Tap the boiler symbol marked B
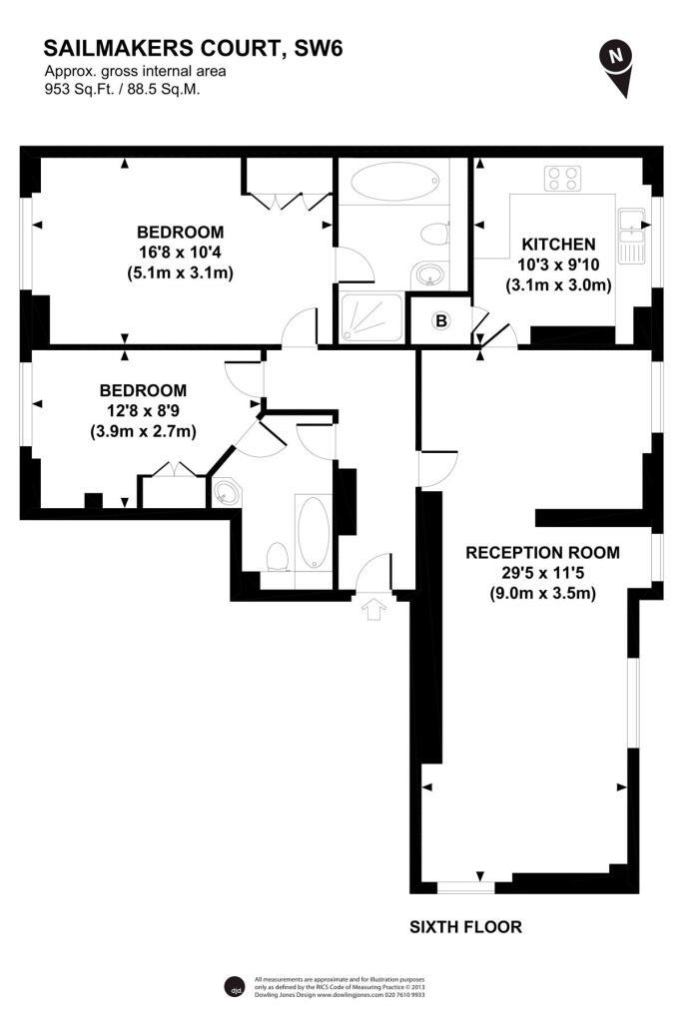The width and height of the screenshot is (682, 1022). (x=440, y=320)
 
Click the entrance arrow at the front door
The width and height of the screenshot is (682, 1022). (x=375, y=608)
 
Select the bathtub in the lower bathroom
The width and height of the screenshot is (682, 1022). (x=312, y=531)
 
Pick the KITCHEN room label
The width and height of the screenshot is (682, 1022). (x=558, y=244)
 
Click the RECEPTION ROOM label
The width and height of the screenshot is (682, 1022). (x=542, y=552)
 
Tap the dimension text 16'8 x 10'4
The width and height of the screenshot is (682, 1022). (x=181, y=253)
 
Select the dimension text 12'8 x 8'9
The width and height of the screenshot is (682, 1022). (x=142, y=410)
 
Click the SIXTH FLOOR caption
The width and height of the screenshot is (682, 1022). (x=465, y=927)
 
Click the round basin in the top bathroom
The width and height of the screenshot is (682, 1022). (x=430, y=272)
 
